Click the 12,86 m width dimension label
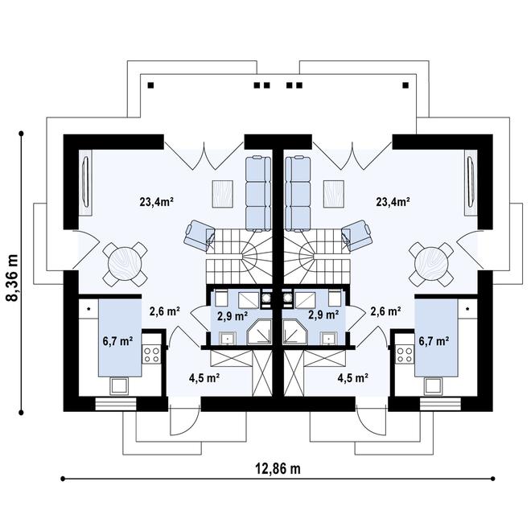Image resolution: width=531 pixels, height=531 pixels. pos(274,468)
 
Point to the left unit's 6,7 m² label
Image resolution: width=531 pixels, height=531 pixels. pos(117,340)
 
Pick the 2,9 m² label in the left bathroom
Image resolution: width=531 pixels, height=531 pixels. pos(233,315)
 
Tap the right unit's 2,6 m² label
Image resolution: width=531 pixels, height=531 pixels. pos(385,311)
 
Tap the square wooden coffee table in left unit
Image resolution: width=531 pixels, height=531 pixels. pos(222,193)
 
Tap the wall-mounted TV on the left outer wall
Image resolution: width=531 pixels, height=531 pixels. pos(85,181)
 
